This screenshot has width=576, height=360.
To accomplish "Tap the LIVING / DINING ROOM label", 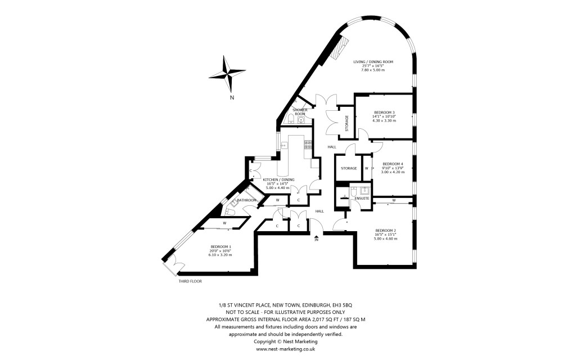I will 372,61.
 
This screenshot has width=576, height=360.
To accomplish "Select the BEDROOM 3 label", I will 385,112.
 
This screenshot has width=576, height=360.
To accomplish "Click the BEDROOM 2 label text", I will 385,230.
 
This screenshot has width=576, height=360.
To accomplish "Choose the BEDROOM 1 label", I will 221,246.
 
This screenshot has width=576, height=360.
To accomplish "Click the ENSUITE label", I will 362,199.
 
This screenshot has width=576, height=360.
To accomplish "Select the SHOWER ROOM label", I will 299,112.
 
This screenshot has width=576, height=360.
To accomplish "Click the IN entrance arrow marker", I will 317,238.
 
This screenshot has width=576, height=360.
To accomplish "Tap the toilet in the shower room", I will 289,119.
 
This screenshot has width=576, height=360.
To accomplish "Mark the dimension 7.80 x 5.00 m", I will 372,70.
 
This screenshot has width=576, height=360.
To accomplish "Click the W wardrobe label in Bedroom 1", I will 224,223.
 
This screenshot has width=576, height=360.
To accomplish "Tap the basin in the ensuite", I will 364,191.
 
